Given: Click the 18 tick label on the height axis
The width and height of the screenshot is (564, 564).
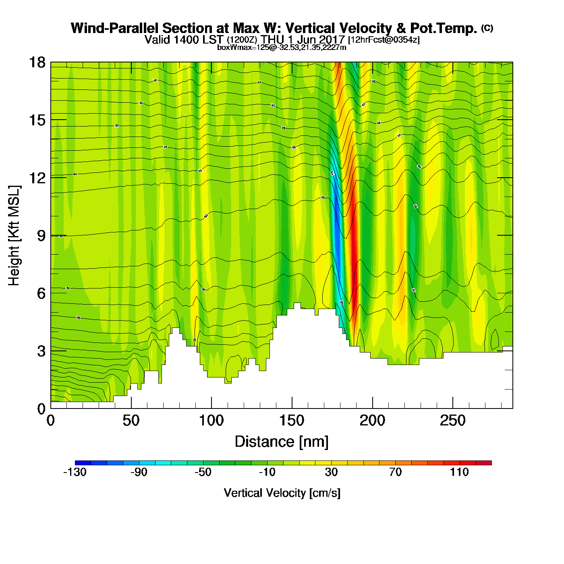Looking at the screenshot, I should (x=37, y=62).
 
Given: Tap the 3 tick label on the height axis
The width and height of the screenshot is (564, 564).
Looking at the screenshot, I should (x=41, y=351).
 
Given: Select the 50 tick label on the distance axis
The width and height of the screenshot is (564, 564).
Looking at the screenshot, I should (x=131, y=421).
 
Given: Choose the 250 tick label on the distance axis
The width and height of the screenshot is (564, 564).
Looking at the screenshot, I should (x=452, y=421).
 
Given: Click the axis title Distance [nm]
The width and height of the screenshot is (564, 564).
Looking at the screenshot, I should (x=282, y=442).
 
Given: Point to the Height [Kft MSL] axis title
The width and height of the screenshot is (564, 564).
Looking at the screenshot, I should (x=14, y=236).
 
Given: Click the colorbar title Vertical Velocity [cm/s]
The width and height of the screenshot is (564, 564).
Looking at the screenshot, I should (x=282, y=493).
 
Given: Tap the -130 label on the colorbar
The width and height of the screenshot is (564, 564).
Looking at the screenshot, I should (x=75, y=472).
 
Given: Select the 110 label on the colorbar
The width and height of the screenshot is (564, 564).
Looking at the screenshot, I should (x=459, y=472).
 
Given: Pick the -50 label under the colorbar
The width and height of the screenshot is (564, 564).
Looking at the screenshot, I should (x=203, y=472).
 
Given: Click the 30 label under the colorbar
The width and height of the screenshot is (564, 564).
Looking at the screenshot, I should (x=331, y=472).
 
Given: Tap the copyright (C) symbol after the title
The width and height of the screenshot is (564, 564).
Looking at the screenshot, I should (x=487, y=28).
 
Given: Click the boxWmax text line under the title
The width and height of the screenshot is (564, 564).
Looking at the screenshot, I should (x=282, y=47).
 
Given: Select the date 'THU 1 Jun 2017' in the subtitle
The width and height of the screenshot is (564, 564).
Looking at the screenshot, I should (x=303, y=39).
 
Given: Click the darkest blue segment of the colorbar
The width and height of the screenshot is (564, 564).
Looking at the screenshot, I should (x=83, y=463).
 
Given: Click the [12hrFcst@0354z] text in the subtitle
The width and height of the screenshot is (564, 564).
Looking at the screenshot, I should (x=384, y=40).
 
